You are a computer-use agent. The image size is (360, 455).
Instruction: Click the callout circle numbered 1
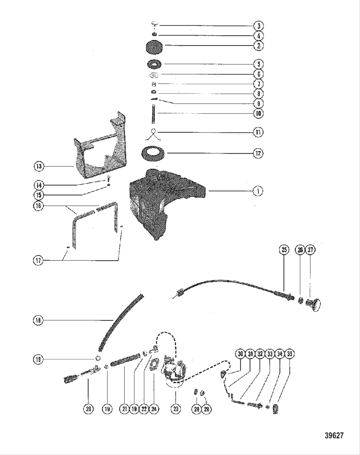(258, 191)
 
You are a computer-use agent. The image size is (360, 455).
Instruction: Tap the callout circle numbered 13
(39, 166)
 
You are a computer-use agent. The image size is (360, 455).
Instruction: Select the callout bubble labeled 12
(258, 153)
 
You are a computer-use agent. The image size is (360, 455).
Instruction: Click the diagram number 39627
(334, 435)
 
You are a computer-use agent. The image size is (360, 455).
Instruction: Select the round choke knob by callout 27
(314, 303)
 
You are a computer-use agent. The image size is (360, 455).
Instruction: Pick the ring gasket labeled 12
(154, 152)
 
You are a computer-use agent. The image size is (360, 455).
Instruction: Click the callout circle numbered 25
(284, 250)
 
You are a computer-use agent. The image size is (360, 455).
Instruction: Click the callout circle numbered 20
(88, 409)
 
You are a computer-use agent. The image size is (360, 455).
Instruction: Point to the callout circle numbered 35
(290, 354)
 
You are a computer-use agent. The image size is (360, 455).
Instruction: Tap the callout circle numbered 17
(39, 260)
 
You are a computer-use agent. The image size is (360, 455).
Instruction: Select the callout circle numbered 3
(258, 26)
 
